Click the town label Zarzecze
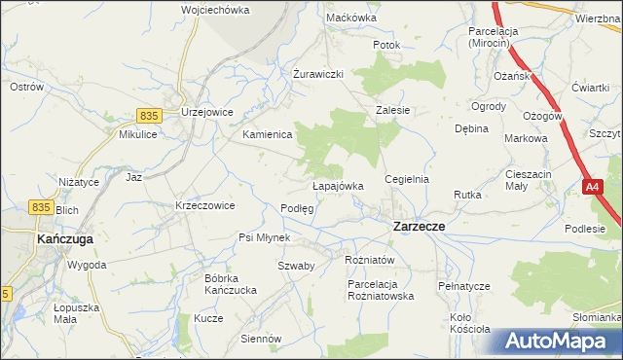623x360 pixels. (419, 226)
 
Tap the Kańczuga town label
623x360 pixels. (63, 237)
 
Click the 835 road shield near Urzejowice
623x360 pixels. (148, 115)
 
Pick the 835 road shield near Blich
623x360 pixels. (40, 206)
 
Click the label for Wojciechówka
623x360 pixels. (215, 10)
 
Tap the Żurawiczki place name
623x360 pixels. (318, 74)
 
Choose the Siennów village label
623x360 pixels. (260, 340)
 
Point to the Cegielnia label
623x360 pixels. (407, 180)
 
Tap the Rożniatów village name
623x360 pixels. (369, 260)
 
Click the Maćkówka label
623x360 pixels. (351, 18)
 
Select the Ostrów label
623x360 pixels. (26, 87)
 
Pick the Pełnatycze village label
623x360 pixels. (462, 287)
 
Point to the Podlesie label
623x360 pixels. (585, 229)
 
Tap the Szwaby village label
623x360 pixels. (295, 266)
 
